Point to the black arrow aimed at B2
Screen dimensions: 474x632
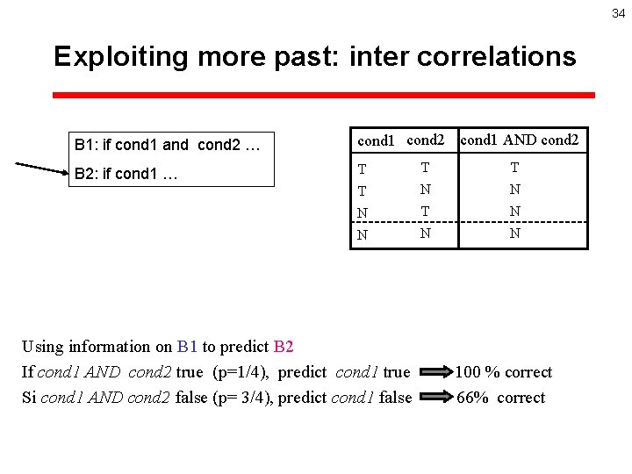coord(41,168)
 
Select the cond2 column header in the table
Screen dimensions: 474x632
coord(426,140)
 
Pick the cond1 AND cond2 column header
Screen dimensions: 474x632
coord(520,140)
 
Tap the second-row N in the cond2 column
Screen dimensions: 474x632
coord(426,189)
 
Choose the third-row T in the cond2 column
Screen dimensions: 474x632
coord(426,212)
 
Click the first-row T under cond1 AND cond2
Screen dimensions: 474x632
coord(514,168)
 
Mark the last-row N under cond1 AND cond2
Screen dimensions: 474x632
coord(514,233)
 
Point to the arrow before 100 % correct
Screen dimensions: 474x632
coord(434,372)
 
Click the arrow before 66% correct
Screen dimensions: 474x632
coord(434,398)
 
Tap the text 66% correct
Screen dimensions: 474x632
coord(501,398)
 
